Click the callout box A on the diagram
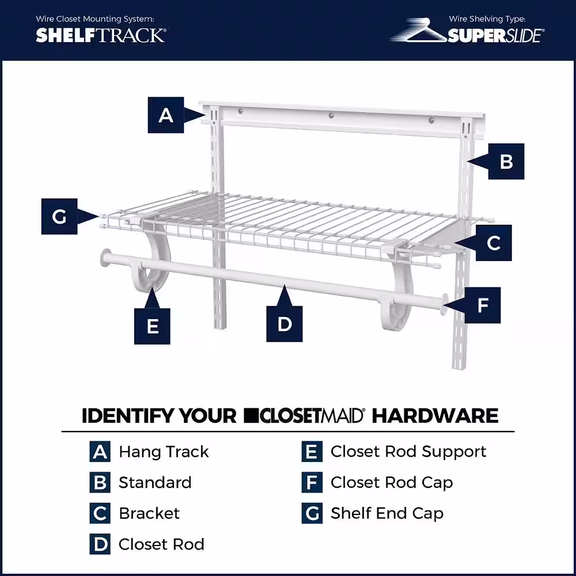[x=166, y=115]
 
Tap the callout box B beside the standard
[x=506, y=161]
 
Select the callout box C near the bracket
[x=494, y=242]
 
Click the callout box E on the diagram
[x=153, y=327]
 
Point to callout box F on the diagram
[x=482, y=305]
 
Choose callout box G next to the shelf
[x=59, y=217]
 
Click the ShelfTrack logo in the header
[x=100, y=35]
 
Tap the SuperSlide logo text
[x=495, y=36]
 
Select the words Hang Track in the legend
[x=164, y=452]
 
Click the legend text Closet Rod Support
[x=408, y=452]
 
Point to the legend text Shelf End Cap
[x=386, y=513]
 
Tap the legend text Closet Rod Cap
[x=391, y=483]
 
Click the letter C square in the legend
[x=100, y=513]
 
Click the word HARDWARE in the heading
[x=435, y=415]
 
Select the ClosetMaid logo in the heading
[x=304, y=415]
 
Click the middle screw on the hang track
[x=331, y=116]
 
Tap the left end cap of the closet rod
[x=106, y=257]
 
